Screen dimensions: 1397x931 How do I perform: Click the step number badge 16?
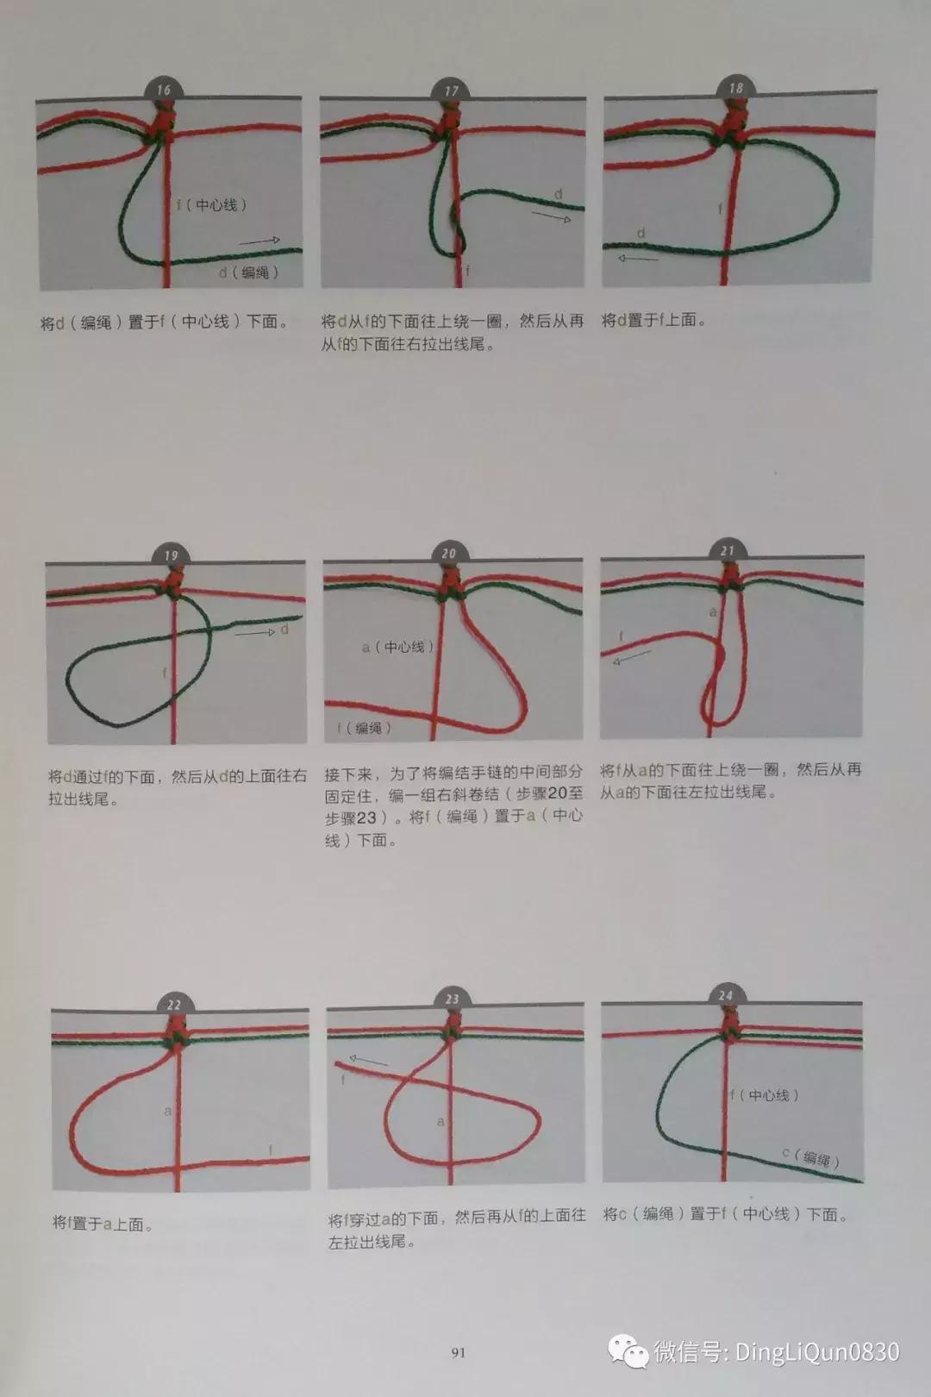(164, 90)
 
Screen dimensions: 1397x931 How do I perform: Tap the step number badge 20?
(449, 554)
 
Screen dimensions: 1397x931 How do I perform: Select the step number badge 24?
(726, 995)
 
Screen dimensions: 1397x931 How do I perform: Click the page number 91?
(458, 1353)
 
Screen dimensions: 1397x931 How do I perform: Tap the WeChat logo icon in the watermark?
(628, 1351)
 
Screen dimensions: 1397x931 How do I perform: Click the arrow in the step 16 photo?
(259, 241)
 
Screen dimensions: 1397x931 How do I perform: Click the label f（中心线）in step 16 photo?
(212, 205)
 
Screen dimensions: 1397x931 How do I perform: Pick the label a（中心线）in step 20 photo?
(398, 647)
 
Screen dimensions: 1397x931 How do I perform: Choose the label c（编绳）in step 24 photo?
(810, 1157)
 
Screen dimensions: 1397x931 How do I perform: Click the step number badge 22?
(174, 1005)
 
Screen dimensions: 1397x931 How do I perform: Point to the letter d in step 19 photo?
(284, 630)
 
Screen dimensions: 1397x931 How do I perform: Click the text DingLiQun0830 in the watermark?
(816, 1351)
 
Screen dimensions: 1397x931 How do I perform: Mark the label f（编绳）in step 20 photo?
(364, 728)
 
